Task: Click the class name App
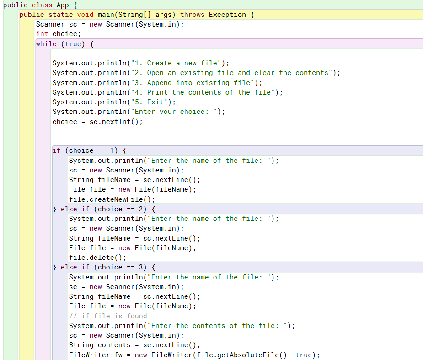(63, 5)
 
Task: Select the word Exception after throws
(227, 15)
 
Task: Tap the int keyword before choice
(42, 34)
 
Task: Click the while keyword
(46, 44)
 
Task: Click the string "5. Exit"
(151, 102)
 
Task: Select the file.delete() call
(97, 258)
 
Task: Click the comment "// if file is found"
(108, 316)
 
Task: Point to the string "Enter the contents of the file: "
(217, 326)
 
